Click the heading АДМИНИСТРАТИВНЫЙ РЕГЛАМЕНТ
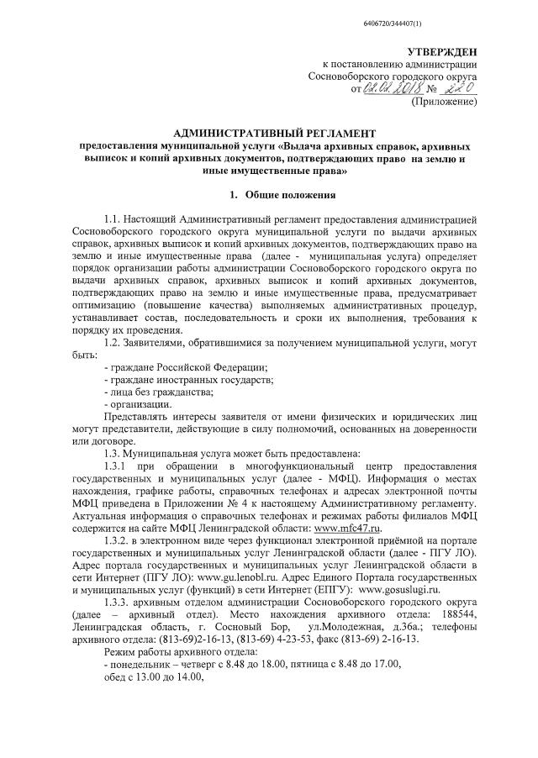coord(269,133)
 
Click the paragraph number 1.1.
coord(113,221)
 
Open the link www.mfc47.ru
coord(347,527)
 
